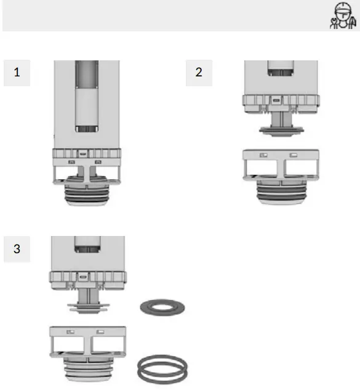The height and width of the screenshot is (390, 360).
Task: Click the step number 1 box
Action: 17,72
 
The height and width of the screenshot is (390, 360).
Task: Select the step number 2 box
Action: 198,72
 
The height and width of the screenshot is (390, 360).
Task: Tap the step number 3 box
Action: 17,249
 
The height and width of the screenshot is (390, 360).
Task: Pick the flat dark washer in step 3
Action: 162,306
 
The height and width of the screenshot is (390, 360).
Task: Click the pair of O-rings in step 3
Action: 162,370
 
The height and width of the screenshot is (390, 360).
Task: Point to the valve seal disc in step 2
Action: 281,130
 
